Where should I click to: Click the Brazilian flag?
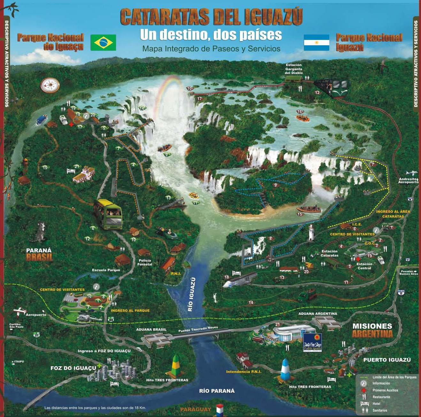coord(103,42)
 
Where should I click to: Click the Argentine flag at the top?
coord(316,42)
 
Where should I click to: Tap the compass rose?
coord(50,85)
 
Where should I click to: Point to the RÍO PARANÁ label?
coord(217,391)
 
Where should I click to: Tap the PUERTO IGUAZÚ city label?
coord(387,360)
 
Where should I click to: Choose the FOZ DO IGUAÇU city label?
coord(73,368)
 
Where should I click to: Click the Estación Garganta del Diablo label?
coord(294,69)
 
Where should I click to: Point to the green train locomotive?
coord(334,87)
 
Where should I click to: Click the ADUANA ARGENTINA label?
coord(318,314)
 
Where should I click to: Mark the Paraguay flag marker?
coord(219,409)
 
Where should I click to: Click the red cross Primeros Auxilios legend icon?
coord(363,390)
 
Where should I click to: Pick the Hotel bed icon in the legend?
coord(364,404)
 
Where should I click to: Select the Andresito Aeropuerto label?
coord(408,181)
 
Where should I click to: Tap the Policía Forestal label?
coord(144,262)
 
